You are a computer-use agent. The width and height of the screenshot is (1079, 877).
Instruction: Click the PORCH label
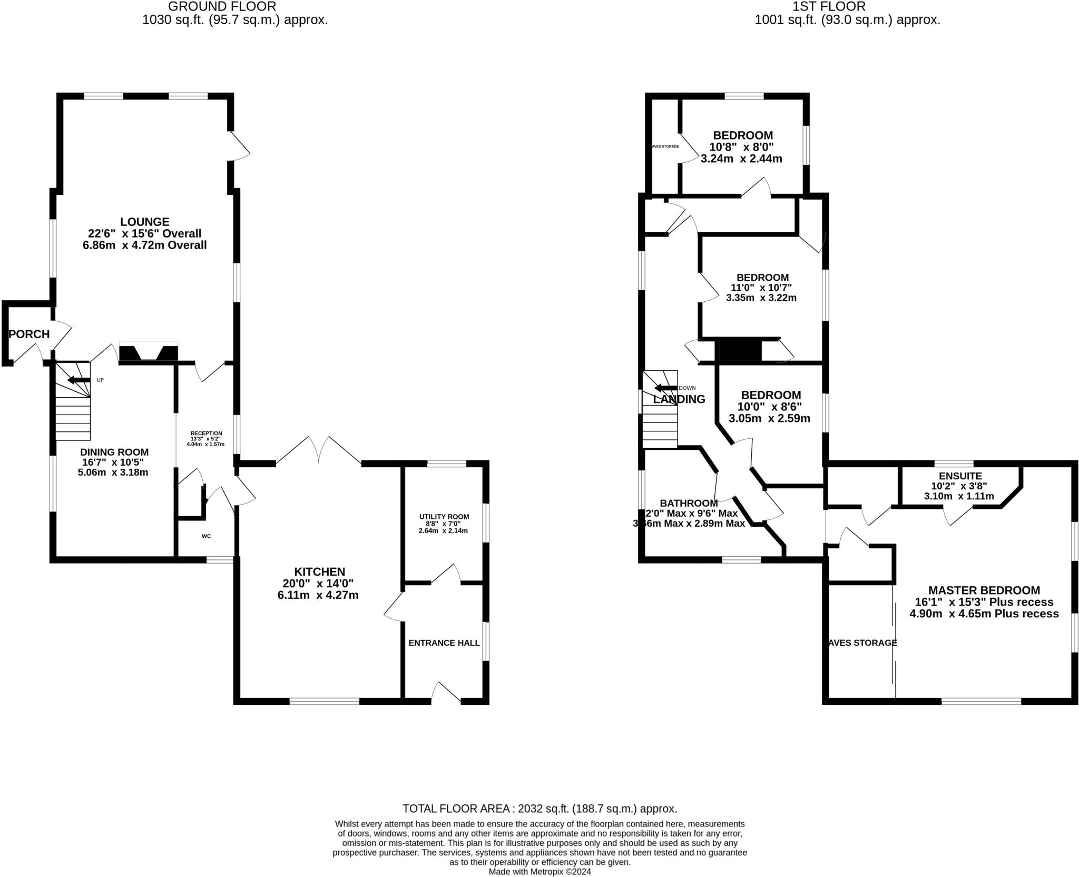click(29, 334)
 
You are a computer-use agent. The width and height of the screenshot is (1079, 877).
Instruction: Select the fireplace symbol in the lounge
click(149, 352)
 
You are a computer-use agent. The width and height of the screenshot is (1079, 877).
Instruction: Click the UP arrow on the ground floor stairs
click(79, 380)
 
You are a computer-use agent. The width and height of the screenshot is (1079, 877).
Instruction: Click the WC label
click(206, 536)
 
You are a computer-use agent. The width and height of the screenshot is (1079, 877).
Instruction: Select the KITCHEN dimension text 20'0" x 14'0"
click(320, 584)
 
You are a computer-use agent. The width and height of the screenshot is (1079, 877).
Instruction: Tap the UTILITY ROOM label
click(444, 517)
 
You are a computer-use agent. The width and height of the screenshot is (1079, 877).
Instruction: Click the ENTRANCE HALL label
click(444, 643)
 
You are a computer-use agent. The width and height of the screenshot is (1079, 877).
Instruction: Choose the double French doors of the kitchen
click(319, 451)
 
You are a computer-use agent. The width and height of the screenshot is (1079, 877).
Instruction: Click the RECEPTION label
click(206, 433)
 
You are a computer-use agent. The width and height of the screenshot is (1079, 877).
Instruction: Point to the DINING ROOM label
click(114, 452)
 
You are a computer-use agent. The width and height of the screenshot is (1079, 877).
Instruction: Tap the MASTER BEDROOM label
click(984, 590)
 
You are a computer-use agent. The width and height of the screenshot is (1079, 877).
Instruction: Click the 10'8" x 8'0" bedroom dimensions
click(742, 147)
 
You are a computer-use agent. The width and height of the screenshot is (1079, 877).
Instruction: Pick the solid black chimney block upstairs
click(740, 351)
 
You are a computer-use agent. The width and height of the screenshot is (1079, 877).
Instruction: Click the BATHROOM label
click(688, 503)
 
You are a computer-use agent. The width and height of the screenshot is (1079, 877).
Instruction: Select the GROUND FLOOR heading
click(222, 7)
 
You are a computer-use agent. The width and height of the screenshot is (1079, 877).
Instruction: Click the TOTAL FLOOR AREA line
click(539, 809)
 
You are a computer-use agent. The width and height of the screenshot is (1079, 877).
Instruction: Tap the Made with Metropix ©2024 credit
click(539, 872)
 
